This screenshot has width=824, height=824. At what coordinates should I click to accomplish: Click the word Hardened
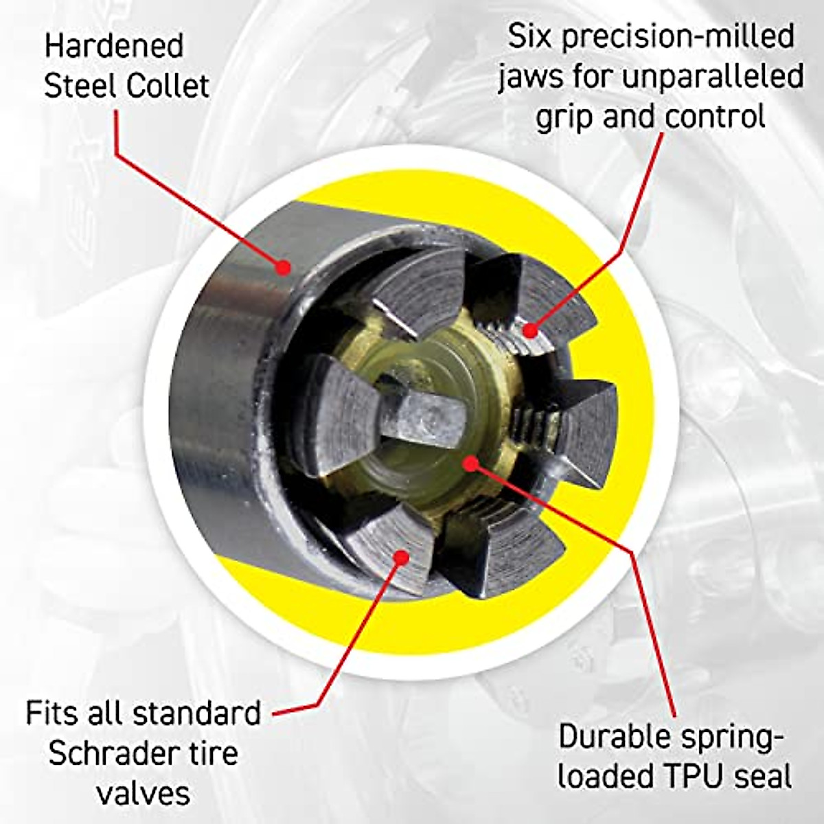coord(114,47)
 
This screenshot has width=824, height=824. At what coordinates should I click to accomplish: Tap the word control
coord(715,117)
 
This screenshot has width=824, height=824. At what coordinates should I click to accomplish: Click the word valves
coord(143,793)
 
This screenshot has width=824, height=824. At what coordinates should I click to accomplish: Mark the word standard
coord(196,714)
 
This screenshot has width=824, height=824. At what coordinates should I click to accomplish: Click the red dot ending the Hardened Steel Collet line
coord(283,268)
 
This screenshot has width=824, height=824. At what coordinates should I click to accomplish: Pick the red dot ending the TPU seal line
coord(470,463)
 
